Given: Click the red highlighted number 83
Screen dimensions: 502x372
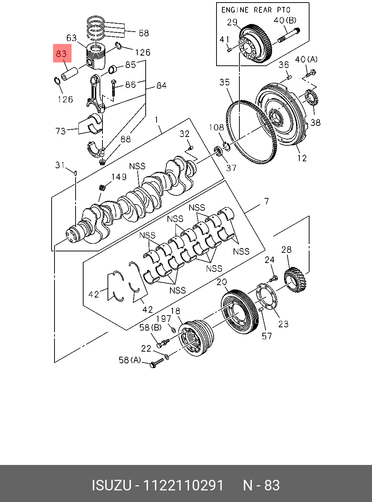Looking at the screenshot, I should [x=62, y=54].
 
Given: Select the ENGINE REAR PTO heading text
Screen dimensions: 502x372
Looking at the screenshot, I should [x=256, y=10].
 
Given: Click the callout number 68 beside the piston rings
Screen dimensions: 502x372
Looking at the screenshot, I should [x=144, y=33].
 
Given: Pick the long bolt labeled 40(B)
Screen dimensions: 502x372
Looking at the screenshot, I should [x=289, y=35].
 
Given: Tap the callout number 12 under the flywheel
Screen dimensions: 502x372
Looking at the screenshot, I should [x=302, y=158].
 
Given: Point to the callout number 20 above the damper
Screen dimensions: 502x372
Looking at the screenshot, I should [x=222, y=282].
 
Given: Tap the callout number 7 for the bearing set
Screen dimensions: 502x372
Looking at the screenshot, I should [x=266, y=201].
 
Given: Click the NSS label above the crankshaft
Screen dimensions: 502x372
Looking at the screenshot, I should [x=137, y=166].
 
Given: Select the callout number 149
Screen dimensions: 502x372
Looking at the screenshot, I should [x=119, y=177].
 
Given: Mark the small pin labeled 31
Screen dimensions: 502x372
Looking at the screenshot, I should [x=76, y=173].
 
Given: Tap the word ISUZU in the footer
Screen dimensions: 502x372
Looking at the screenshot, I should [x=111, y=485].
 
